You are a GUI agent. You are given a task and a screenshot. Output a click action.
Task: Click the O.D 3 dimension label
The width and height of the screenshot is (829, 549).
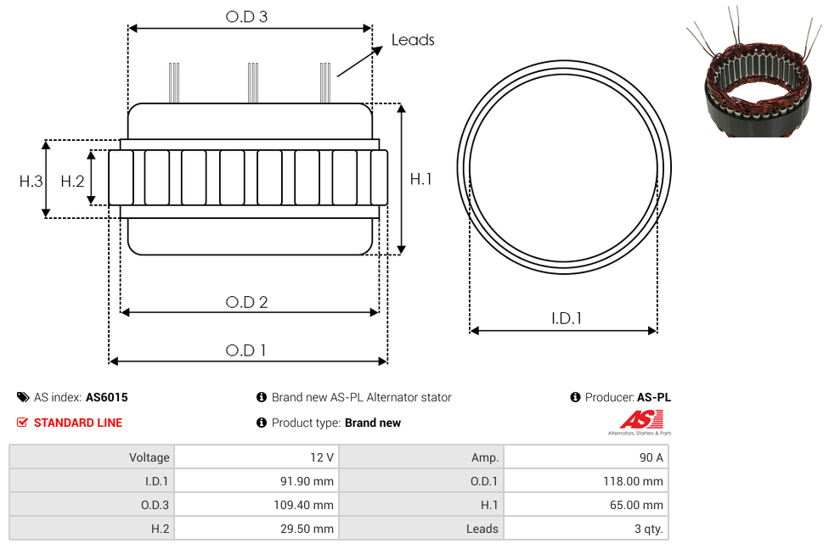point(246,16)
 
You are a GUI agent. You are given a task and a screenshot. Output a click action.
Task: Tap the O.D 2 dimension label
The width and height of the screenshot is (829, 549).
point(246,302)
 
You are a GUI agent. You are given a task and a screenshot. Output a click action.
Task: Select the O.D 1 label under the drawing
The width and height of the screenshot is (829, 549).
point(245,350)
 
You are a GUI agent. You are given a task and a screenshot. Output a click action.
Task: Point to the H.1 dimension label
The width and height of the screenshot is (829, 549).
point(420,179)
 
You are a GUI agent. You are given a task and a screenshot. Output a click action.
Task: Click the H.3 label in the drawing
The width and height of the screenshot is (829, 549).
point(31,182)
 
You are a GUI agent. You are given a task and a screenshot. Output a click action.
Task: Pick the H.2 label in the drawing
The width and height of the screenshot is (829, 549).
point(72,182)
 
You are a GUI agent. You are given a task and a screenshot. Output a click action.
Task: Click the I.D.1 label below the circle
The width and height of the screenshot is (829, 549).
point(567,318)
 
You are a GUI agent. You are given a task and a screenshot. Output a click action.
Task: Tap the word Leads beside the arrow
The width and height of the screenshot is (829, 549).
point(413,40)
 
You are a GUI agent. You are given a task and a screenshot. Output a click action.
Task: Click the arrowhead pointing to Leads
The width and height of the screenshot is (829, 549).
point(377,50)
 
